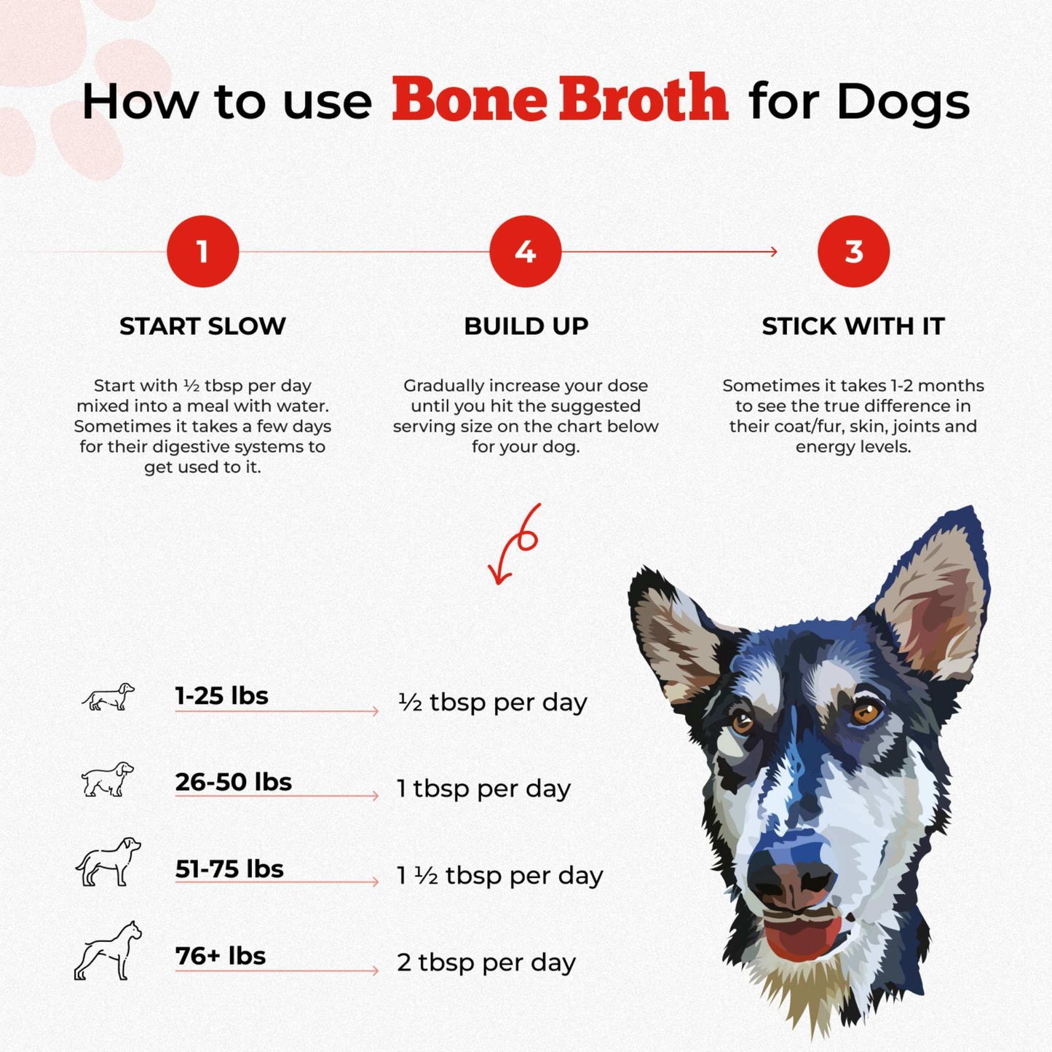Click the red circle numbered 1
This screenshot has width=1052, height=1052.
[x=202, y=252]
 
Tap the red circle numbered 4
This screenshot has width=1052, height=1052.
[x=525, y=252]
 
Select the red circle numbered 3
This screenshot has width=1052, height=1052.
[x=853, y=252]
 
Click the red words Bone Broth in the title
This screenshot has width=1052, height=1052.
[x=559, y=100]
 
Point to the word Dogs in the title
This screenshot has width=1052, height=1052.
[x=903, y=102]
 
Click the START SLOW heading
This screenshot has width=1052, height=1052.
[x=202, y=326]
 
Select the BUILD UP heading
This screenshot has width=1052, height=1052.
[x=526, y=326]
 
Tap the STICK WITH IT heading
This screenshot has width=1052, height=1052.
[x=853, y=326]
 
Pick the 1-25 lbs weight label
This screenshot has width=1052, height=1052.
[x=221, y=696]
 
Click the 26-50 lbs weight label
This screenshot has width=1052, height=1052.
[x=233, y=782]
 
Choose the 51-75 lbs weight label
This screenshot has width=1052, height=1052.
[x=229, y=869]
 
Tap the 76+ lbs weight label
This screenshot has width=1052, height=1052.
[x=221, y=956]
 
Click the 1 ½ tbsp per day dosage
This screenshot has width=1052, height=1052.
[x=499, y=876]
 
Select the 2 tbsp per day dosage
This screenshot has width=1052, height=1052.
[x=486, y=962]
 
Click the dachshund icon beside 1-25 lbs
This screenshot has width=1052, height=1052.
[x=108, y=697]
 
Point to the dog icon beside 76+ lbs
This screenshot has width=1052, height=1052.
[x=108, y=951]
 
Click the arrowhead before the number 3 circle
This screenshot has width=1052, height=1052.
[x=773, y=252]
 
